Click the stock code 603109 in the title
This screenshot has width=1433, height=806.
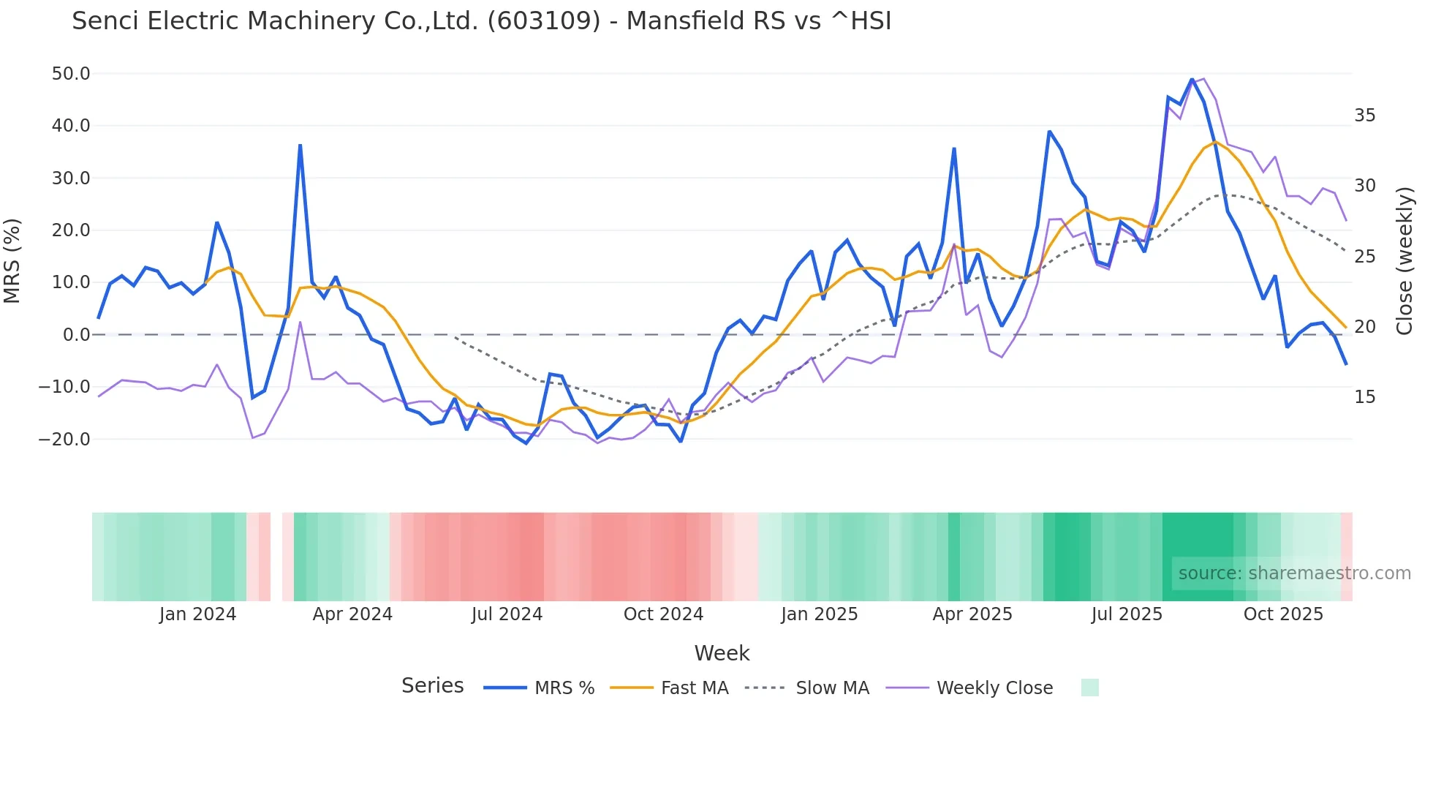coord(544,21)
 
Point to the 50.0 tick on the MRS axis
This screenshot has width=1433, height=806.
coord(71,74)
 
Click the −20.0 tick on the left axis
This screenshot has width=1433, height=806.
coord(64,440)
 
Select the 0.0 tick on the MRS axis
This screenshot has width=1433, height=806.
coord(76,335)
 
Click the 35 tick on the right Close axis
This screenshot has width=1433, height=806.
coord(1364,116)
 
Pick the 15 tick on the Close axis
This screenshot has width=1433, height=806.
coord(1364,397)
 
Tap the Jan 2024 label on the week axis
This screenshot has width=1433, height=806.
coord(197,614)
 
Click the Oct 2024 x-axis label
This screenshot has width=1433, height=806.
coord(663,614)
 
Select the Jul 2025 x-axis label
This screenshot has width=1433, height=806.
coord(1127,614)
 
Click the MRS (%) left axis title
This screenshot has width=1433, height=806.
coord(12,261)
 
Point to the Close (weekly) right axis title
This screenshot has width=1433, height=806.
coord(1404,261)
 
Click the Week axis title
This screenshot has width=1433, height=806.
coord(722,653)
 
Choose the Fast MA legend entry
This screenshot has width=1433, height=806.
coord(694,688)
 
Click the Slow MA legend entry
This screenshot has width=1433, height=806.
coord(832,688)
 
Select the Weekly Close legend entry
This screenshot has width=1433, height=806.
coord(994,688)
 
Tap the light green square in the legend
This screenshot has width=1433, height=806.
coord(1089,688)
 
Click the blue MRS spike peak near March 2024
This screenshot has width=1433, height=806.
coord(300,146)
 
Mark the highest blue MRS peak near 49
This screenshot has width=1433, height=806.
coord(1192,80)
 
